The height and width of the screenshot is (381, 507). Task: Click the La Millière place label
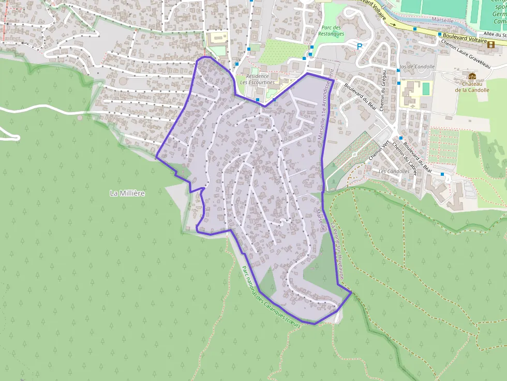[x=127, y=193]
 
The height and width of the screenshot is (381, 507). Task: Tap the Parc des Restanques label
[x=332, y=31]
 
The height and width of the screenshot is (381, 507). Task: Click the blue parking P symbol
[x=360, y=46]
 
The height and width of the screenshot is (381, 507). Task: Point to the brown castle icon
[x=472, y=76]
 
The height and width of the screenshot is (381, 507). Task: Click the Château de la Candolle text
[x=472, y=86]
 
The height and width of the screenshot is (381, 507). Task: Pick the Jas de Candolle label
[x=417, y=67]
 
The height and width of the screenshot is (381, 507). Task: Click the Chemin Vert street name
[x=379, y=150]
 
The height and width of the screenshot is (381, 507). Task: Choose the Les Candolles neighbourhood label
[x=394, y=171]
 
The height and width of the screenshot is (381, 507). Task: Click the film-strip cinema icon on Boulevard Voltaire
[x=490, y=44]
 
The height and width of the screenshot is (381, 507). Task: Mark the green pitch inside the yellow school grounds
[x=426, y=89]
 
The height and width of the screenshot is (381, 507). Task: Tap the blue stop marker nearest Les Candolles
[x=442, y=174]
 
